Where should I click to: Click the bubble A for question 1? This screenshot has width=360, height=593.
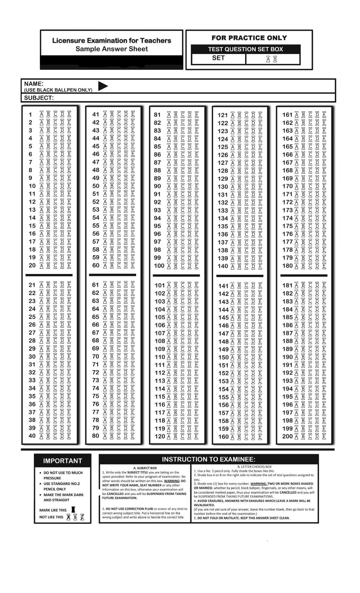tap(41, 114)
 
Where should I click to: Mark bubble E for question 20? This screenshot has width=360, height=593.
tap(69, 266)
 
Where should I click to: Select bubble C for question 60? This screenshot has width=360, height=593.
tap(119, 266)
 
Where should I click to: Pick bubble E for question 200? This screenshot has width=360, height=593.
tap(324, 436)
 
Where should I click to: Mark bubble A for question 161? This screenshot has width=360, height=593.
tap(296, 115)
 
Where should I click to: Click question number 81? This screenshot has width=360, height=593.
tap(157, 115)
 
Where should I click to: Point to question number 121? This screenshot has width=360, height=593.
tap(223, 115)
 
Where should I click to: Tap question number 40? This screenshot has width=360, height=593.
tap(32, 436)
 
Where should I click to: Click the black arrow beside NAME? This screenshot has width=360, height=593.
tap(103, 86)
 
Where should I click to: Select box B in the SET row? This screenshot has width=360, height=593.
tap(275, 59)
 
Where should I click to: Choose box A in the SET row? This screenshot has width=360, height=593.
tap(268, 59)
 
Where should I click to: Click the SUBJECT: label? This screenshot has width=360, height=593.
tap(39, 98)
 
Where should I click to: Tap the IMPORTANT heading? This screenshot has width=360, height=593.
tap(62, 461)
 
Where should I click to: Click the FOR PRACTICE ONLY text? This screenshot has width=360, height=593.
tap(249, 38)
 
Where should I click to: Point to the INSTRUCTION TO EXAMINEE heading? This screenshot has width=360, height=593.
tap(208, 459)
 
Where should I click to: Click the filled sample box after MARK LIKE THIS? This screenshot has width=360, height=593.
tap(73, 510)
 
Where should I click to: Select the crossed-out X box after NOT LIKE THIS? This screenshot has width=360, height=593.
tap(68, 517)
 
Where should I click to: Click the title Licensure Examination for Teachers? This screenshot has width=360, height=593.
tap(112, 41)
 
